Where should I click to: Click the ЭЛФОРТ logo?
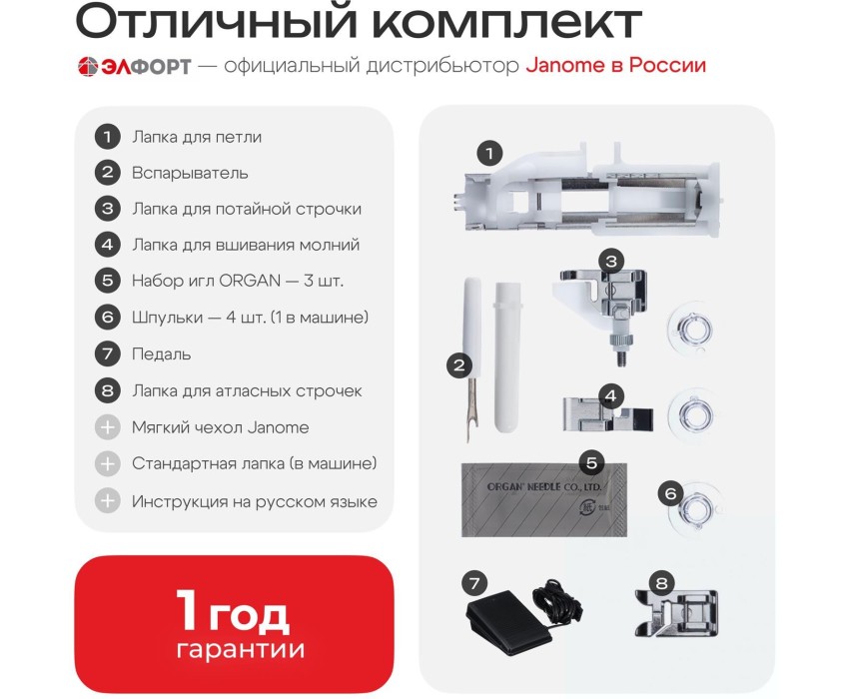(134, 66)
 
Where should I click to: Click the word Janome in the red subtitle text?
(565, 66)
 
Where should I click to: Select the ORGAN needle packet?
(544, 499)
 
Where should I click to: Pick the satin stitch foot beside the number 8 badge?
(677, 612)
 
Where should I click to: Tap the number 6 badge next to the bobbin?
(670, 494)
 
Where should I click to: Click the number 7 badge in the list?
(107, 354)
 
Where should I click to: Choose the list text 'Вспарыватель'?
(190, 174)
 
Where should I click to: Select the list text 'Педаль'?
(162, 354)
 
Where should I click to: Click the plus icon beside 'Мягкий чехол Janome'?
(107, 427)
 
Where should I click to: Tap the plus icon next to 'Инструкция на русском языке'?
(107, 501)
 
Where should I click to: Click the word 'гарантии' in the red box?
(241, 649)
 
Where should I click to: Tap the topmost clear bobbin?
(690, 329)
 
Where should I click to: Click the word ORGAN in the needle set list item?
(250, 281)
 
